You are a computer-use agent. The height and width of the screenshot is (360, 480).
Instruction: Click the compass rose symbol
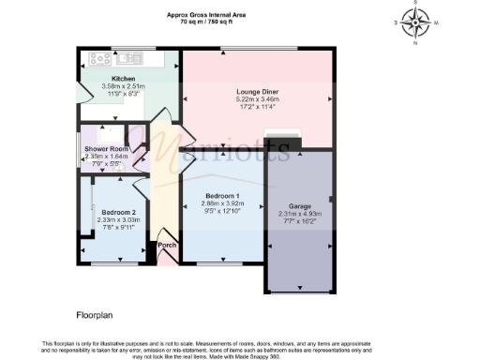pyautogui.click(x=414, y=21)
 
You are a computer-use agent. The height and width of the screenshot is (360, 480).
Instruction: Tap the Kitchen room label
pyautogui.click(x=124, y=79)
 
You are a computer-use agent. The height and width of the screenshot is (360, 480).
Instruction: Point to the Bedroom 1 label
pyautogui.click(x=223, y=194)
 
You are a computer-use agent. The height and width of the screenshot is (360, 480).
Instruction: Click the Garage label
pyautogui.click(x=300, y=205)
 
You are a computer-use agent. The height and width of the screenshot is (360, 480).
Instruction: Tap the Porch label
pyautogui.click(x=167, y=246)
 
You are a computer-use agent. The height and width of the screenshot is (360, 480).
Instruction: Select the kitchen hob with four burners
pyautogui.click(x=100, y=59)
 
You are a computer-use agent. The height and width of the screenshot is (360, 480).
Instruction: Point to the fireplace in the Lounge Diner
pyautogui.click(x=277, y=142)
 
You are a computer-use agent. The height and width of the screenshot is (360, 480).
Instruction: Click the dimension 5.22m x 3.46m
pyautogui.click(x=258, y=98)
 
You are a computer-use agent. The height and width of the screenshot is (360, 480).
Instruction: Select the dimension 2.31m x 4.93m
pyautogui.click(x=300, y=213)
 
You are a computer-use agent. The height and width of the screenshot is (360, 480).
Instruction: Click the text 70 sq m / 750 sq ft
pyautogui.click(x=206, y=21)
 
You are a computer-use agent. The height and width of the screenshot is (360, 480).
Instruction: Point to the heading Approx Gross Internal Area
pyautogui.click(x=206, y=14)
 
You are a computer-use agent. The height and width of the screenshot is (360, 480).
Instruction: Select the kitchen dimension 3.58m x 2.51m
pyautogui.click(x=124, y=86)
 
